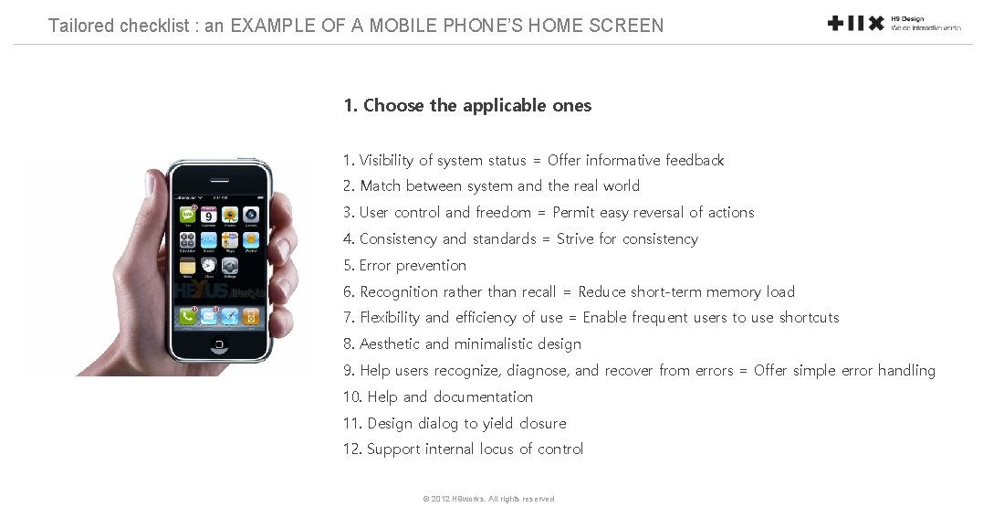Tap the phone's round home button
(219, 344)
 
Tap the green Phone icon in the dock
(188, 316)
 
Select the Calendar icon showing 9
(208, 216)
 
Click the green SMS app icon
(188, 216)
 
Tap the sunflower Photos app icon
(229, 216)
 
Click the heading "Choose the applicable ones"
(467, 106)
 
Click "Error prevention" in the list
(404, 266)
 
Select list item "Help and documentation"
(438, 397)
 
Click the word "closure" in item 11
(543, 424)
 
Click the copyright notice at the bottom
(488, 499)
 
